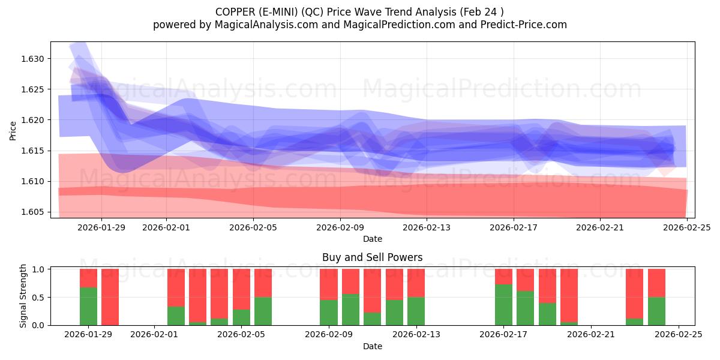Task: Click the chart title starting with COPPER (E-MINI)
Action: (359, 12)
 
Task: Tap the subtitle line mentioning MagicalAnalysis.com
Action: (359, 25)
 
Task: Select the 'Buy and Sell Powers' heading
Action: (372, 257)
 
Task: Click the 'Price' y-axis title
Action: (13, 130)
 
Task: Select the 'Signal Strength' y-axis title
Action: (23, 296)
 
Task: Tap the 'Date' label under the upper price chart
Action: (372, 239)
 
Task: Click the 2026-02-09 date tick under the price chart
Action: (340, 227)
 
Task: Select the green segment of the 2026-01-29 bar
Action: (88, 306)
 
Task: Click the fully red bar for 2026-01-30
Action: (110, 297)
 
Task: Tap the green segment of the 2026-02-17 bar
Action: (503, 305)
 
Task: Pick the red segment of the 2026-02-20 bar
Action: (569, 295)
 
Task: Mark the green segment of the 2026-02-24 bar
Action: (656, 311)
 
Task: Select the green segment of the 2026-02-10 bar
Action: (350, 310)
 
